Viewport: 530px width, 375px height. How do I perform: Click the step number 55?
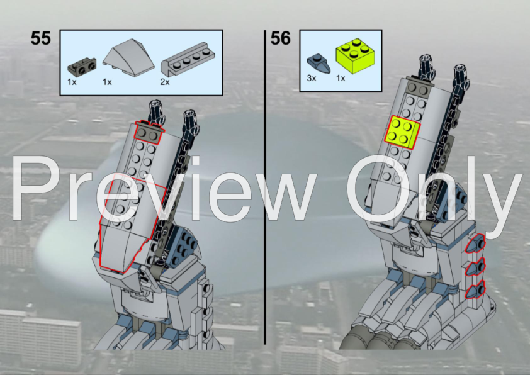point(40,38)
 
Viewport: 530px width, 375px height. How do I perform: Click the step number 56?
point(281,38)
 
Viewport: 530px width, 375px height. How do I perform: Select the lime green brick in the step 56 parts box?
point(353,57)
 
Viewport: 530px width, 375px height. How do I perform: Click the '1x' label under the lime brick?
point(341,79)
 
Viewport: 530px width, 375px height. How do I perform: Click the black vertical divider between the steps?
point(265,189)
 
